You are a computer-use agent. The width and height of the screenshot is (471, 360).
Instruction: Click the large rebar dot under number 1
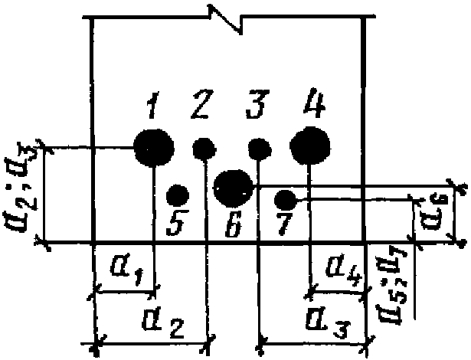click(x=153, y=147)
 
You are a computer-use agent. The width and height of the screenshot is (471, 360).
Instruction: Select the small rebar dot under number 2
click(x=204, y=147)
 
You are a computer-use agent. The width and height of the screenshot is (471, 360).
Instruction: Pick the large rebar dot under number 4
click(x=310, y=146)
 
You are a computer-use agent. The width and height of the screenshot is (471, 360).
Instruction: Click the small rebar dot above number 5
click(x=178, y=195)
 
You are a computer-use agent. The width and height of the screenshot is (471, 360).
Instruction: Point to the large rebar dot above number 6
click(x=232, y=187)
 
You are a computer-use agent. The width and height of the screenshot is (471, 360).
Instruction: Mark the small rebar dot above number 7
click(x=285, y=201)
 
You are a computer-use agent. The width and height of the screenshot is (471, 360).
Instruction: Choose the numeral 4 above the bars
click(x=314, y=103)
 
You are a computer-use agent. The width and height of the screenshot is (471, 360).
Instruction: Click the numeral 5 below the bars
click(x=175, y=226)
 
